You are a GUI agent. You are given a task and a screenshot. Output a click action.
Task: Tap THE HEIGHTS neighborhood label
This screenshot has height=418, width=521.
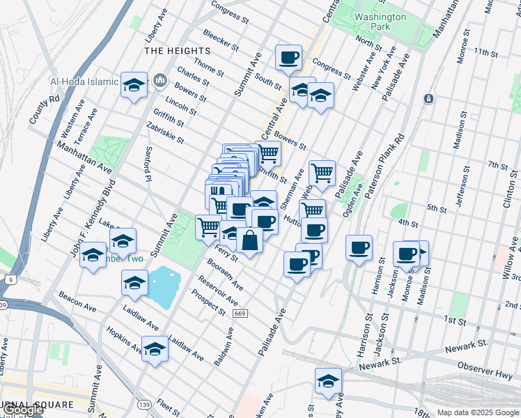(177, 52)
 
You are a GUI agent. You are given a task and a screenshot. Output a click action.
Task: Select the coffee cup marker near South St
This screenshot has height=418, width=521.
(288, 58)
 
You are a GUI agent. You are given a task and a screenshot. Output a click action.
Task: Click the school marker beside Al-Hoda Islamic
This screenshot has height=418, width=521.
(134, 85)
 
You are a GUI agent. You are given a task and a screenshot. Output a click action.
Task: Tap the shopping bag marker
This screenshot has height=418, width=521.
(249, 241)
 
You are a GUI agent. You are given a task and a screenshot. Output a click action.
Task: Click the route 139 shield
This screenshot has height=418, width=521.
(144, 405)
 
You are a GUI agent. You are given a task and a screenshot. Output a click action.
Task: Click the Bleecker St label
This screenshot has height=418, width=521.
(221, 39)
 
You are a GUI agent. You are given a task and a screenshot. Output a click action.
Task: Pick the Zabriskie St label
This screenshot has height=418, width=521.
(164, 133)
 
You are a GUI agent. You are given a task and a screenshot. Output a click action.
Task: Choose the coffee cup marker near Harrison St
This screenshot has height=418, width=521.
(359, 248)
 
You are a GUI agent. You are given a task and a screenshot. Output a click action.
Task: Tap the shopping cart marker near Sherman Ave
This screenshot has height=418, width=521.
(322, 173)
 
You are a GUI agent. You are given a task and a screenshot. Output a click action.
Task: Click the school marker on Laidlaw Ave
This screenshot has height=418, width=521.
(155, 349)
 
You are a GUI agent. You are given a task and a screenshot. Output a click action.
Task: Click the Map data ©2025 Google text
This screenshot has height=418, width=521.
(478, 412)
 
